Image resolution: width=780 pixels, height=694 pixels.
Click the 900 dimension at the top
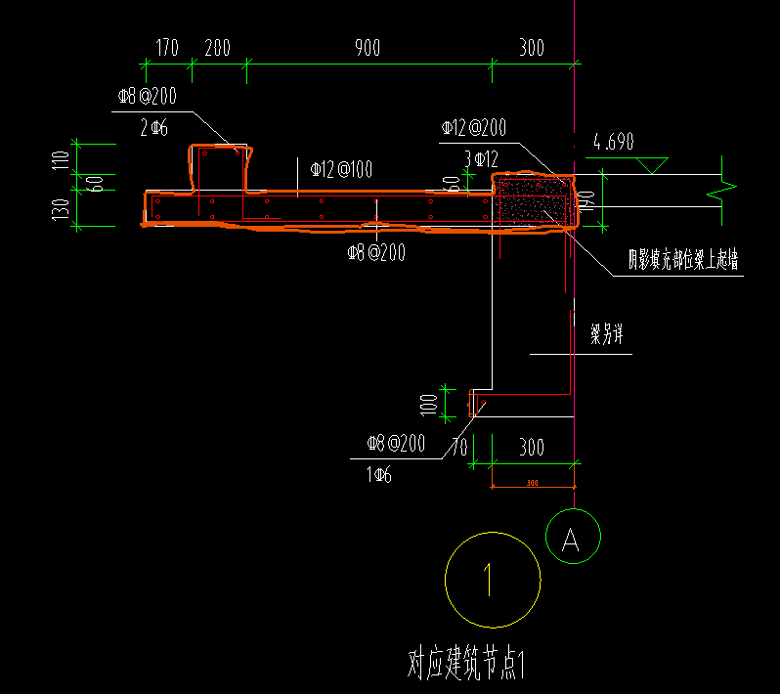click(x=368, y=49)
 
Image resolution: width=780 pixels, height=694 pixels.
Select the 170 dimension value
click(x=167, y=49)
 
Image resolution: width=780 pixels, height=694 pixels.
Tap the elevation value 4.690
click(x=613, y=143)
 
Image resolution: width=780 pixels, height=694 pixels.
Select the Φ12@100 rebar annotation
click(x=341, y=170)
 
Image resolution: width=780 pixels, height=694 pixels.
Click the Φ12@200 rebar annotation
click(x=474, y=127)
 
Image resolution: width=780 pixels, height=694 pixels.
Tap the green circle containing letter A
click(x=573, y=537)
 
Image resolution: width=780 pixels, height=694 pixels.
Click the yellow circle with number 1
click(x=492, y=580)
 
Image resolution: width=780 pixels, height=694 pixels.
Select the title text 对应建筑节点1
click(x=467, y=665)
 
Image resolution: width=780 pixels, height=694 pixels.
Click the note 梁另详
click(x=606, y=335)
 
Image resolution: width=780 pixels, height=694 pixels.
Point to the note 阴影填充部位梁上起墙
click(x=683, y=260)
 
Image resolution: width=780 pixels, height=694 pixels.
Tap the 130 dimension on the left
click(x=62, y=209)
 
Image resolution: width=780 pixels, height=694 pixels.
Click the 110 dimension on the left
click(x=62, y=158)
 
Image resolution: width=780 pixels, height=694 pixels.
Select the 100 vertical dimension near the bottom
click(x=427, y=403)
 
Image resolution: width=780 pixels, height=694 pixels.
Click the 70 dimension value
click(x=458, y=450)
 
